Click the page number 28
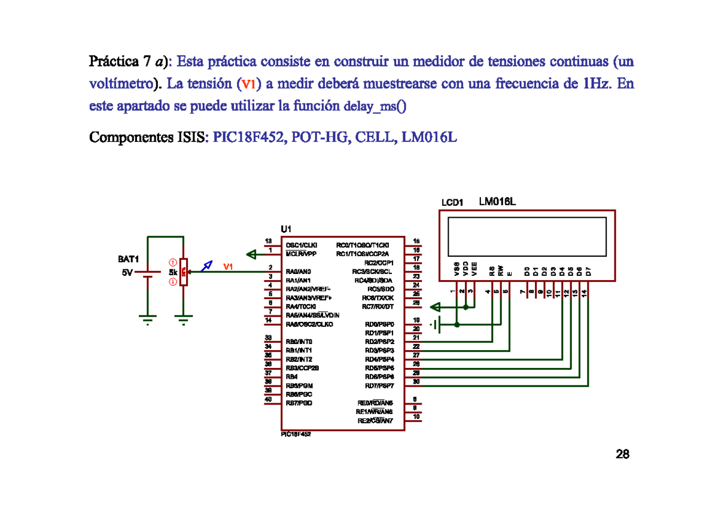(622, 455)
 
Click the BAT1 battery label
(128, 260)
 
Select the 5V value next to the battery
(127, 272)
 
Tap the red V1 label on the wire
(228, 267)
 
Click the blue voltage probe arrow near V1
(206, 266)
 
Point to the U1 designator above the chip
(286, 229)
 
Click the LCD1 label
(453, 203)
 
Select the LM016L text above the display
(497, 202)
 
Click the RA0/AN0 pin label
(298, 271)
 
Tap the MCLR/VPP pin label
(301, 254)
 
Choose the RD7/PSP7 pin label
(379, 385)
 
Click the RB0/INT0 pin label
(299, 342)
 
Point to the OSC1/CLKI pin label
(302, 245)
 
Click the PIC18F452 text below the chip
(296, 435)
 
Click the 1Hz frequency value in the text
(595, 84)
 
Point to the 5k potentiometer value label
(173, 272)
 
